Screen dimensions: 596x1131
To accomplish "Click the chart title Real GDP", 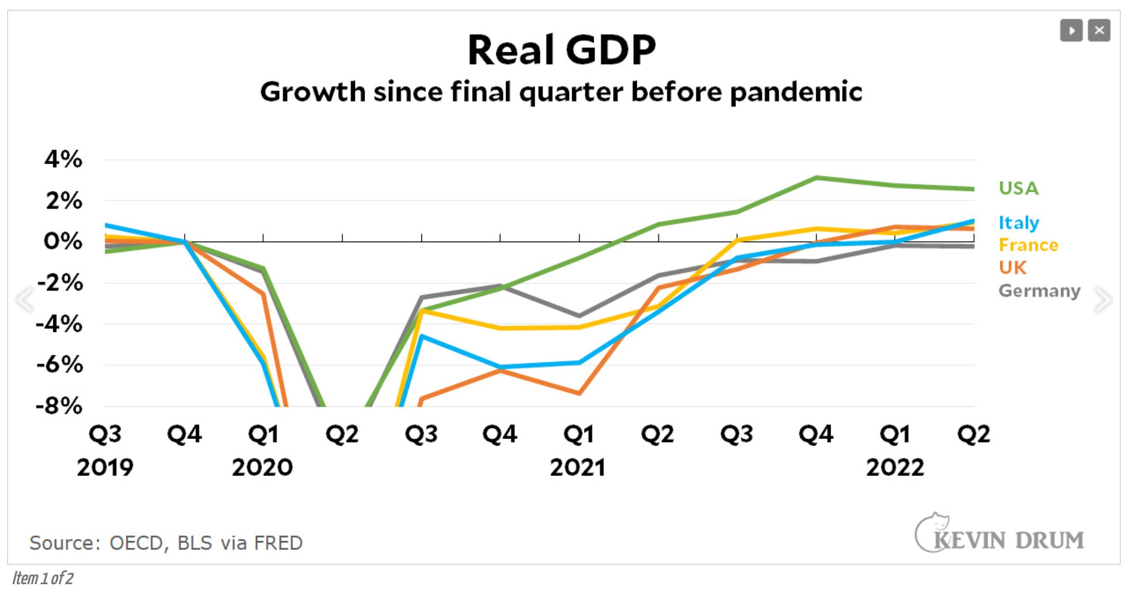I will [561, 50].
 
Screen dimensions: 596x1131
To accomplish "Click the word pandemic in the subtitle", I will [796, 93].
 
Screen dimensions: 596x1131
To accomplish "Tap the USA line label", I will [1018, 188].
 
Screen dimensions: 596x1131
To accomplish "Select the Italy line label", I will [1018, 223].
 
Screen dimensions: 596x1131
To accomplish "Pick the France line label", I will [1028, 245].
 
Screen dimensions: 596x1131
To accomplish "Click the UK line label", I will [1012, 268].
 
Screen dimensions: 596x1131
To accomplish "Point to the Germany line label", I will [1039, 291].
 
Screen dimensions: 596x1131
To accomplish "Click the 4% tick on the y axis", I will [63, 159].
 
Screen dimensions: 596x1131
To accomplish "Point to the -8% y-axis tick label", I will [59, 406].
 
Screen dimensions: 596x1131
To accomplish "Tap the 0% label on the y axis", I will [63, 241].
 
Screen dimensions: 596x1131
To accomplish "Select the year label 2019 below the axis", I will [105, 467].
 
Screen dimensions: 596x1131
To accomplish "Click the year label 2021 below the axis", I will [578, 467].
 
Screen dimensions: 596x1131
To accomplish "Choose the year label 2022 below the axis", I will [895, 467].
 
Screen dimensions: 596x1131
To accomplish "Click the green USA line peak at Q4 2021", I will [816, 178].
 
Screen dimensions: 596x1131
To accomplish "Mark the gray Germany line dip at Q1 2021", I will [579, 315].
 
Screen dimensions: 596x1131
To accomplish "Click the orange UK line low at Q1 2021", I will [579, 393].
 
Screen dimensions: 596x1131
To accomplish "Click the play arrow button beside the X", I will [1071, 31].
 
